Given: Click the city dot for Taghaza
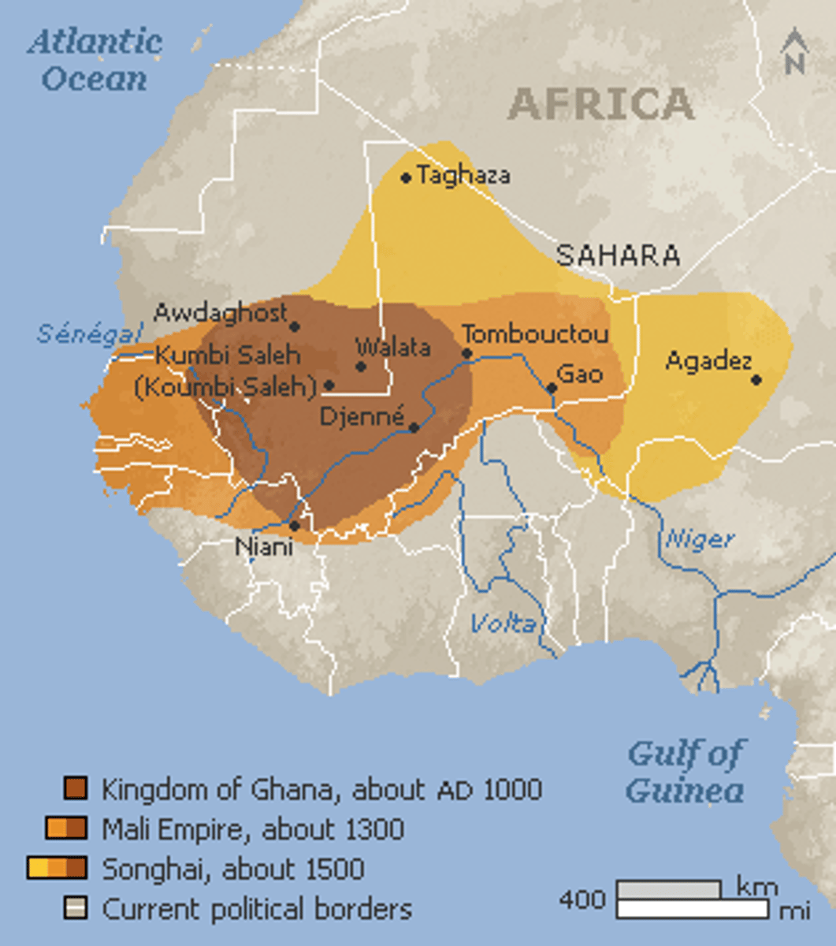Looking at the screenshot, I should (406, 178).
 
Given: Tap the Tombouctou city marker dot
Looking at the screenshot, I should (467, 353).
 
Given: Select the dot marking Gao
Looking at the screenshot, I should (552, 388).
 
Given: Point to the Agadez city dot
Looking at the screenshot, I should (756, 379).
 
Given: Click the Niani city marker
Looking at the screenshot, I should (294, 525).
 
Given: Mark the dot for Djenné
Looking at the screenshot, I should (414, 428).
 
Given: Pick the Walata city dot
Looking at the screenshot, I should (361, 366).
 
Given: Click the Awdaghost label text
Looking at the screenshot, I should (221, 313).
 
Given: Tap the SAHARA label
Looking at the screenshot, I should (618, 255).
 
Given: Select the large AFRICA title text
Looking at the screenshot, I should (600, 104).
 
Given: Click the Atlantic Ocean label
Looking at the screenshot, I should (95, 60).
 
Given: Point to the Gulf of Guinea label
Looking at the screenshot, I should (685, 772).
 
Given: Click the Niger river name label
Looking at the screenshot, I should (700, 540).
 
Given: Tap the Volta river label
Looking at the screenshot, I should (503, 624).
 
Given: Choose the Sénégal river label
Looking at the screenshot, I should (89, 333).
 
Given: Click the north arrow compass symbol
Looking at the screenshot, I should (795, 52).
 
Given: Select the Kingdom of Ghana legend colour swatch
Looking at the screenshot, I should (76, 788).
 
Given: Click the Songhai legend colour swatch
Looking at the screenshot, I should (57, 869).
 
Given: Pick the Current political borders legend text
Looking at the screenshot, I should (257, 909).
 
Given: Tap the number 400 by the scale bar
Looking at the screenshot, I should (582, 899).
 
